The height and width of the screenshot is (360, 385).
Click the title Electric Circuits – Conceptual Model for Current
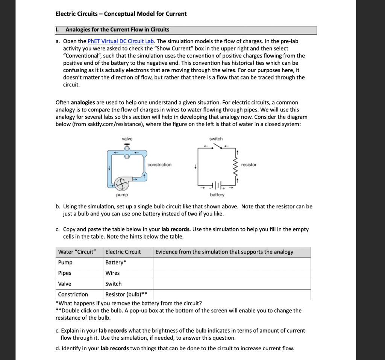tap(121, 14)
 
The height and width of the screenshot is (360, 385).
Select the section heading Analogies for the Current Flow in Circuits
tap(117, 30)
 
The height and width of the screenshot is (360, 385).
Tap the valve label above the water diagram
tap(127, 139)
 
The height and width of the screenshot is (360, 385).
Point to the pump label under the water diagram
tap(122, 195)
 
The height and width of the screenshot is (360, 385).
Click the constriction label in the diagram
tap(159, 165)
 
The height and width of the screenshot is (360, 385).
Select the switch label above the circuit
tap(216, 139)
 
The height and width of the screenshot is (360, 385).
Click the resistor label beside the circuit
tap(249, 165)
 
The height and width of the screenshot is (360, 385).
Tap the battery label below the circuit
tap(217, 195)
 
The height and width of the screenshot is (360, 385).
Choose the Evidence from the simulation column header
tap(224, 252)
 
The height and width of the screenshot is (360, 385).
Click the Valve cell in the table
tap(65, 284)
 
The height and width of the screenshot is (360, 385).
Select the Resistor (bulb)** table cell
tap(126, 295)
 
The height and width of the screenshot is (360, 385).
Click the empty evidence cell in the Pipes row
tap(232, 273)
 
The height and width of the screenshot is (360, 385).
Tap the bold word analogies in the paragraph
tap(83, 103)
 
